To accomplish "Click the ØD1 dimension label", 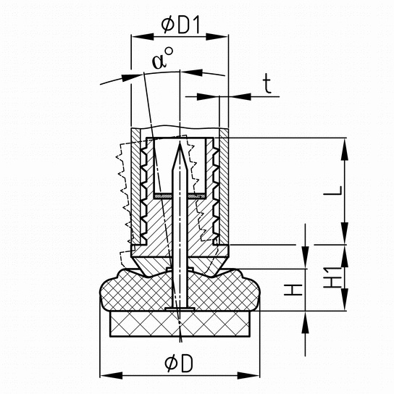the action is (x=180, y=25).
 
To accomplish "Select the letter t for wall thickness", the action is (x=267, y=85).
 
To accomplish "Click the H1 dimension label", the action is (x=332, y=277).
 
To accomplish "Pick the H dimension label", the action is (x=293, y=290).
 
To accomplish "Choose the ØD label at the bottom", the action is (x=179, y=364).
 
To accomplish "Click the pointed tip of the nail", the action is (x=180, y=143).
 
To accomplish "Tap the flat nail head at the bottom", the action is (x=180, y=309).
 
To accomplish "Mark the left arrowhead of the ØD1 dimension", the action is (x=143, y=37).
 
